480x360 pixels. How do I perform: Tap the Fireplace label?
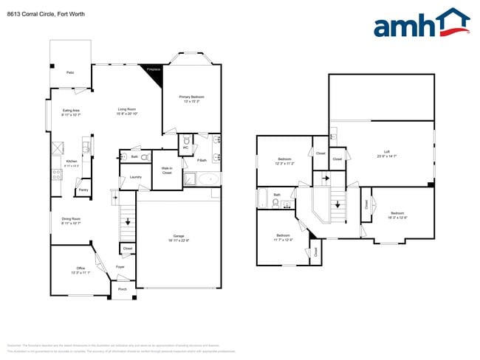coord(153,69)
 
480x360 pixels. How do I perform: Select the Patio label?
coord(70,72)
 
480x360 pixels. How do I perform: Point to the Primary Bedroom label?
coord(191,99)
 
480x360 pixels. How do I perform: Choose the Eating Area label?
coord(71,112)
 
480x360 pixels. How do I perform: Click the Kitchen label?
coord(72,162)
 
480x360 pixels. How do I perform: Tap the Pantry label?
coord(83,190)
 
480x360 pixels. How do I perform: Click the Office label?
coord(80,269)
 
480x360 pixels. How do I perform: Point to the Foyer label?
coord(120,267)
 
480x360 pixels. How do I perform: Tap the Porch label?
coord(122,289)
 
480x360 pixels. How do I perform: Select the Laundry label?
coord(135,177)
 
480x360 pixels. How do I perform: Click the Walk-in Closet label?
coord(167,170)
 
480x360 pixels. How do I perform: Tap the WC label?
coord(186,146)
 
